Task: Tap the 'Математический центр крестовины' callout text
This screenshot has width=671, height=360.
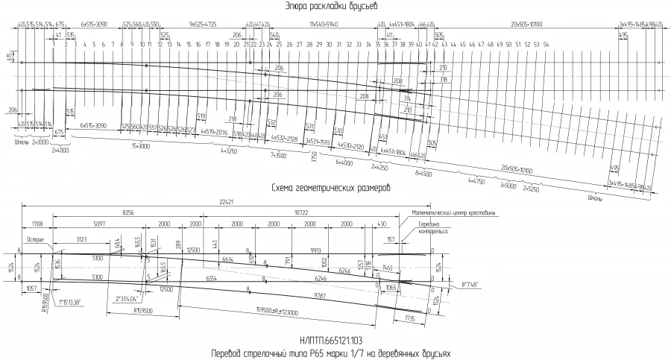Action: (454, 212)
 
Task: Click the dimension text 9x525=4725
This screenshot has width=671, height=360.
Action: (202, 24)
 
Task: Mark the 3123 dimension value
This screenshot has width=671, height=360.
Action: (84, 238)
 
